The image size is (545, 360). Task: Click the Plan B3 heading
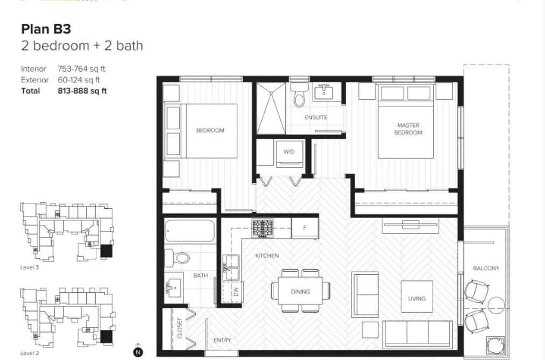[46, 29]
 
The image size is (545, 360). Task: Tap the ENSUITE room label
[316, 117]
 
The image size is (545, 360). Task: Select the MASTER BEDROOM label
[408, 129]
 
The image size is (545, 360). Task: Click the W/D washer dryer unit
[289, 152]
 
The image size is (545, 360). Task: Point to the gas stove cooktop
[263, 228]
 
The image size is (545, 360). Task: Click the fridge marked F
[305, 228]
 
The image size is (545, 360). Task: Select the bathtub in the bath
[190, 231]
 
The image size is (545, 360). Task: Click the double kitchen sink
[231, 267]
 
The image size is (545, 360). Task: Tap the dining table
[300, 292]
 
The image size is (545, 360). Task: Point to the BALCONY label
[486, 269]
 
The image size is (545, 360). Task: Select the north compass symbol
[138, 351]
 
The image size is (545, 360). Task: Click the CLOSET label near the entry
[180, 328]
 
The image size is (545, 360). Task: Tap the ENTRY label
[222, 340]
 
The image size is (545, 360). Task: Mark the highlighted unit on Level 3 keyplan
[107, 251]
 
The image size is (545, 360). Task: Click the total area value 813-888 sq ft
[82, 91]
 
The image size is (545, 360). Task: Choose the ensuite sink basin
[323, 93]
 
